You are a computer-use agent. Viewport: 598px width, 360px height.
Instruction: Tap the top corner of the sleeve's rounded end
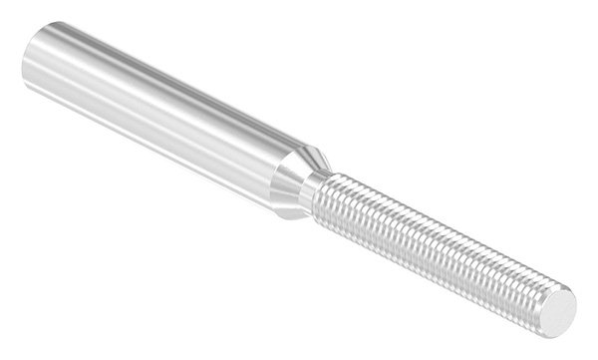[45, 25]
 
